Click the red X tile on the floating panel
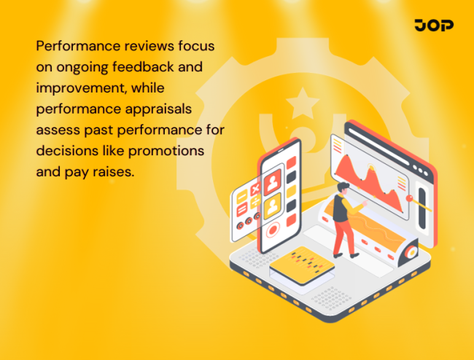tap(255, 191)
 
